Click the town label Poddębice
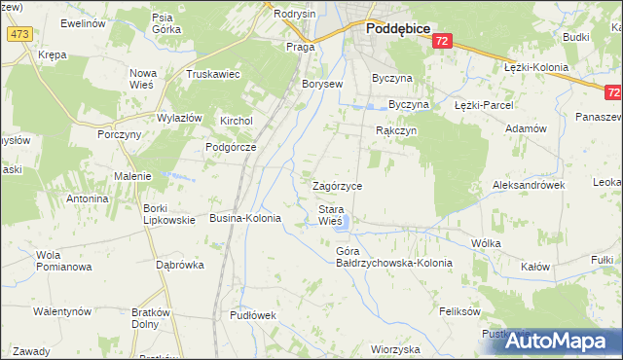400,29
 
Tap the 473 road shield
18,34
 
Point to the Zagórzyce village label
337,185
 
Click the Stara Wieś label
331,215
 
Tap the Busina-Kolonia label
245,219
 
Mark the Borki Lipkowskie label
168,213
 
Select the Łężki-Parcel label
484,104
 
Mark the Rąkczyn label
396,129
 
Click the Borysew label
323,85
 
